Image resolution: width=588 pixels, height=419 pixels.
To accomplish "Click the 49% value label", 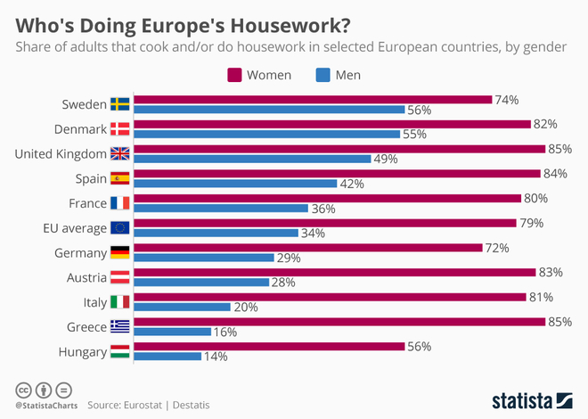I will pyautogui.click(x=385, y=160).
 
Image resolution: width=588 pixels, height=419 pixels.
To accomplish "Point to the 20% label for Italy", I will pyautogui.click(x=245, y=308).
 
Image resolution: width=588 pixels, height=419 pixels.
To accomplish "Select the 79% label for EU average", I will pyautogui.click(x=533, y=223).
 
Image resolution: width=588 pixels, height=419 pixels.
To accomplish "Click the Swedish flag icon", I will pyautogui.click(x=119, y=105).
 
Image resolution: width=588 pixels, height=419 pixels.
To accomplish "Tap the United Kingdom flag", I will pyautogui.click(x=119, y=154).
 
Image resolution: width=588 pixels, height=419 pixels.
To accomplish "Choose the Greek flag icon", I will pyautogui.click(x=119, y=326).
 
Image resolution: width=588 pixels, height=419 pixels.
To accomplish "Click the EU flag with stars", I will pyautogui.click(x=119, y=228).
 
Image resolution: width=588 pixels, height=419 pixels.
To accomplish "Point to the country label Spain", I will pyautogui.click(x=89, y=179).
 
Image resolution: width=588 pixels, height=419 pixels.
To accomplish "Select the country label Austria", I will pyautogui.click(x=86, y=277).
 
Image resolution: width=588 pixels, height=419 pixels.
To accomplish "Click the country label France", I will pyautogui.click(x=86, y=203).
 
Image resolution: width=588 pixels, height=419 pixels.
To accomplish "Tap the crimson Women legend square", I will pyautogui.click(x=235, y=74).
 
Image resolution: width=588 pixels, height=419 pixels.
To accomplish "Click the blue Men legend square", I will pyautogui.click(x=322, y=74).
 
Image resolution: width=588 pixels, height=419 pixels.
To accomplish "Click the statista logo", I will pyautogui.click(x=532, y=399).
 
